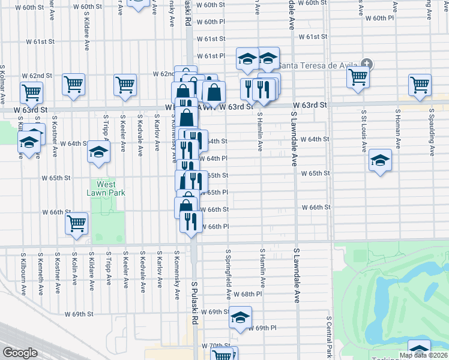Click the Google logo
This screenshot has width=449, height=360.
(20, 352)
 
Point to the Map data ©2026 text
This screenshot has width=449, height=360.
(423, 355)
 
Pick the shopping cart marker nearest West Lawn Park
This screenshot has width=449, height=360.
(76, 223)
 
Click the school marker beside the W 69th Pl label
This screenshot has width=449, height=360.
(241, 317)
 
